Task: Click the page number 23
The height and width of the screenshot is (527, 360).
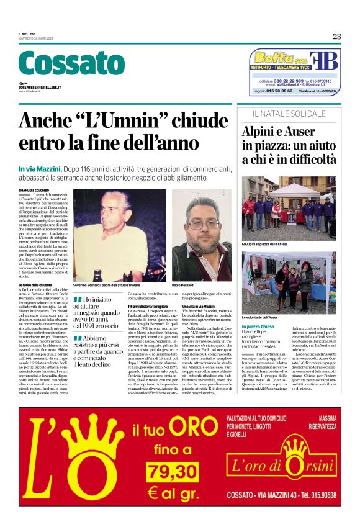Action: pyautogui.click(x=336, y=37)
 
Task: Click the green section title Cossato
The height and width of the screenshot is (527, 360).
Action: pyautogui.click(x=63, y=63)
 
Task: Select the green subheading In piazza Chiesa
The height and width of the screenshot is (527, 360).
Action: pyautogui.click(x=258, y=326)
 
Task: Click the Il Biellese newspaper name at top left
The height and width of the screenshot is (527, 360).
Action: pyautogui.click(x=29, y=34)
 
